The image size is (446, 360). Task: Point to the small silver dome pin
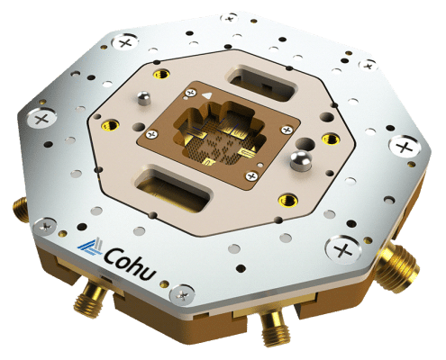tap(141, 96)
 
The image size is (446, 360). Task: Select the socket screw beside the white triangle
tap(190, 92)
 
